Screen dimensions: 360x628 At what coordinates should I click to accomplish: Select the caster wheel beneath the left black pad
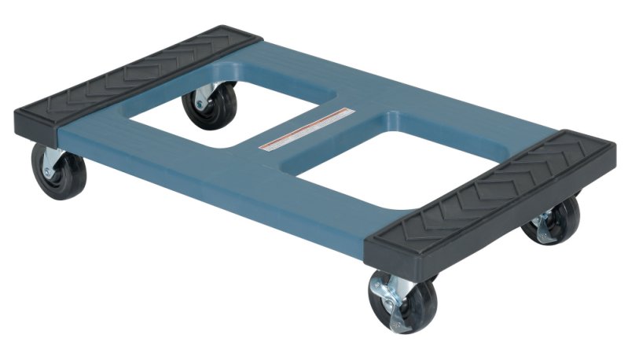(x=58, y=169)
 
